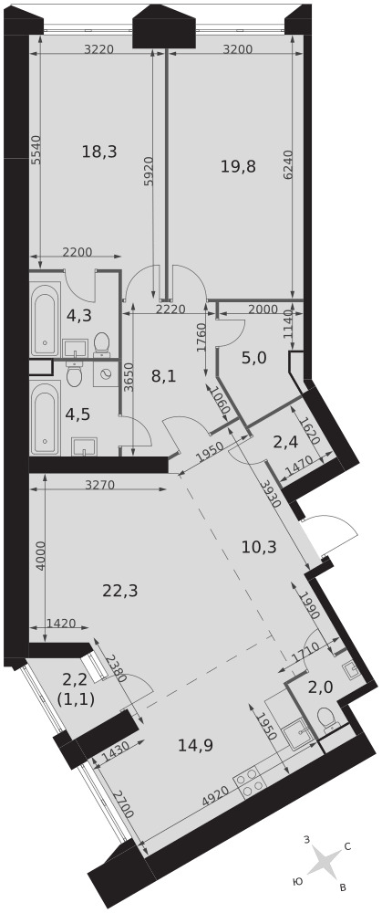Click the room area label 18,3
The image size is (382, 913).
click(x=99, y=152)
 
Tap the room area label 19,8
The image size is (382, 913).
click(x=238, y=166)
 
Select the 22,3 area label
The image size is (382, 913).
click(x=119, y=591)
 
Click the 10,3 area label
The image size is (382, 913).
click(x=259, y=546)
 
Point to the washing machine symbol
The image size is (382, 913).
click(x=105, y=375)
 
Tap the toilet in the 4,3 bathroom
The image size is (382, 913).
click(x=102, y=343)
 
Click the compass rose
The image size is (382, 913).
click(x=323, y=862)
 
